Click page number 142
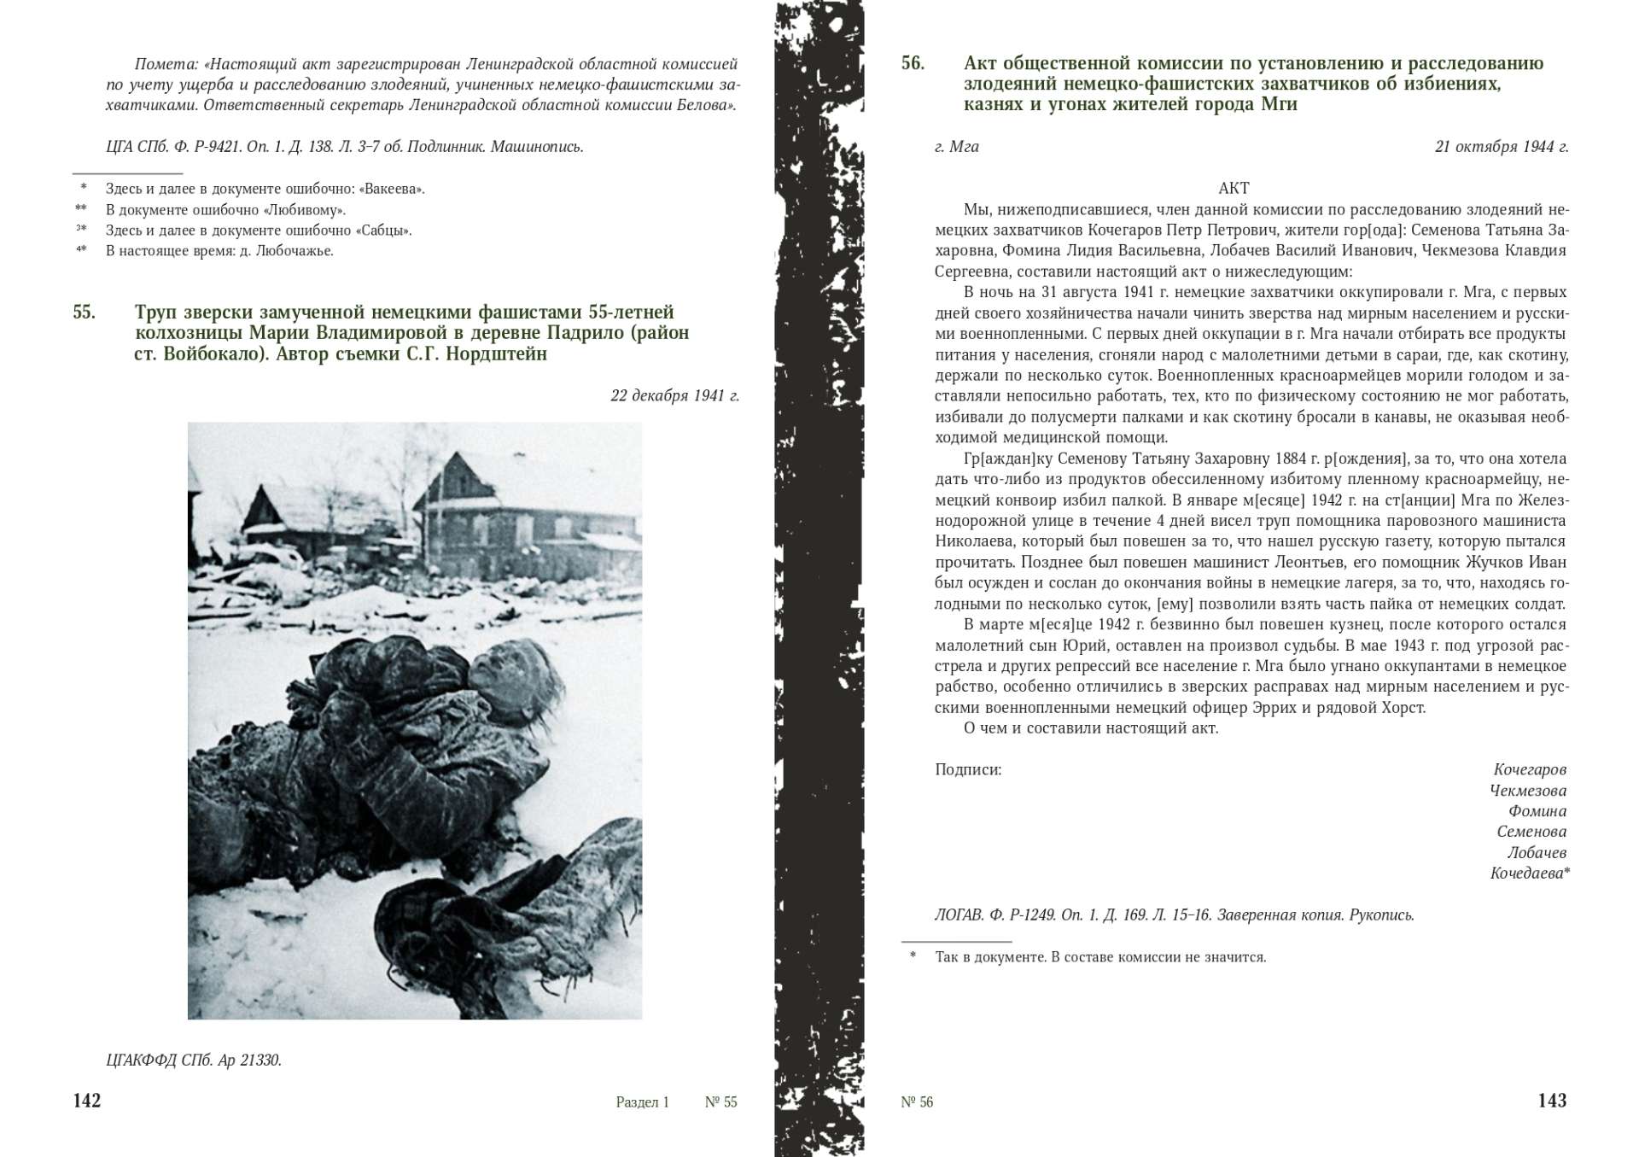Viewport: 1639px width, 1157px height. click(x=87, y=1101)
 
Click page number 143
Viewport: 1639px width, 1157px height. click(x=1552, y=1101)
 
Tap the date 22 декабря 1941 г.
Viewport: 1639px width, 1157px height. click(x=674, y=395)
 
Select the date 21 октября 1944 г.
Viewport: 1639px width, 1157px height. click(x=1502, y=146)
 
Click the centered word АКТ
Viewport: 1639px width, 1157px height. click(x=1234, y=188)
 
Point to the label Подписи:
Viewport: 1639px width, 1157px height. click(x=968, y=769)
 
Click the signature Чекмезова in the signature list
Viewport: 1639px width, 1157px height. click(x=1528, y=791)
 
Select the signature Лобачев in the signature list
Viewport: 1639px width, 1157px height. click(x=1537, y=852)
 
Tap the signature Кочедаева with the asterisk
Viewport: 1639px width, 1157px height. click(x=1529, y=873)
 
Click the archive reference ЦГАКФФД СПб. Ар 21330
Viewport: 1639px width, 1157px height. click(x=194, y=1061)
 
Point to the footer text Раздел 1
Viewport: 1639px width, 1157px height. click(x=642, y=1102)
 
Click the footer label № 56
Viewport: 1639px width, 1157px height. click(x=917, y=1102)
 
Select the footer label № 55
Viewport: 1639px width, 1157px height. click(x=720, y=1102)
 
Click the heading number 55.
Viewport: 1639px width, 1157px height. click(x=84, y=312)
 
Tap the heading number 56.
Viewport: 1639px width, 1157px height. click(x=913, y=63)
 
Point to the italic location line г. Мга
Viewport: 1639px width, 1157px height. click(x=956, y=146)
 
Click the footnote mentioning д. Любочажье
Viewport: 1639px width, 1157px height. click(x=219, y=251)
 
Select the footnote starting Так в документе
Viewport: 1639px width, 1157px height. click(x=1100, y=957)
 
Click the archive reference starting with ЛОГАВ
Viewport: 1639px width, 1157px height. click(x=1174, y=915)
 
